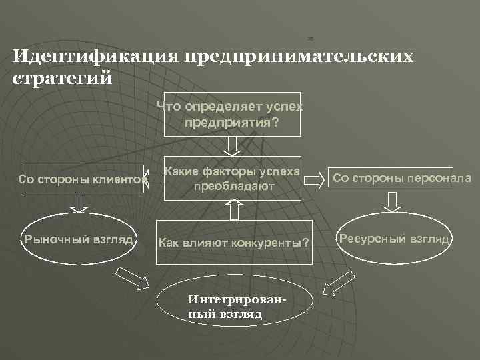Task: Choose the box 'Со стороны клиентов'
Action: [83, 179]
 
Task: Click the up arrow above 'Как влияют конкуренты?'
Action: [233, 210]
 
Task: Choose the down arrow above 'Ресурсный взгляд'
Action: [392, 201]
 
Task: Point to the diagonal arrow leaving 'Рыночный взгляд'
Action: [133, 277]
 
